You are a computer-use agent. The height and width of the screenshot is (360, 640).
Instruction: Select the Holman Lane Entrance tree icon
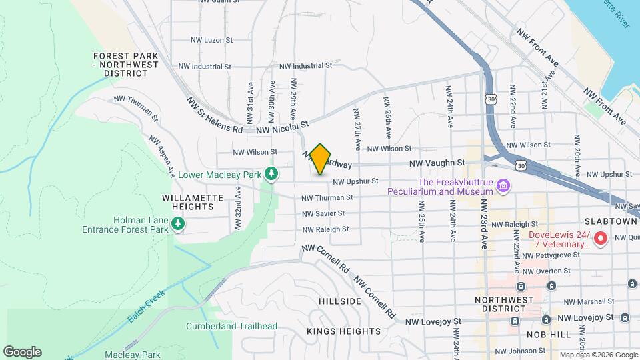[x=178, y=225]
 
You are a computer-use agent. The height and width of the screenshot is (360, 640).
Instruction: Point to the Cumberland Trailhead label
[x=231, y=326]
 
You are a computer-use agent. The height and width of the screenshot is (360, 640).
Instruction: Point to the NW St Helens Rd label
[x=215, y=115]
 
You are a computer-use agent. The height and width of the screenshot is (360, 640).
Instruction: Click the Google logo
[x=22, y=352]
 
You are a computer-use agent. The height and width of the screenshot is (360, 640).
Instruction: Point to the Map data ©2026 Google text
[x=598, y=355]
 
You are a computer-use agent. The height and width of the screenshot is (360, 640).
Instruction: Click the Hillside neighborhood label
[x=339, y=301]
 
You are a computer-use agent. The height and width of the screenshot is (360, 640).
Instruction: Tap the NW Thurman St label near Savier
[x=326, y=197]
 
